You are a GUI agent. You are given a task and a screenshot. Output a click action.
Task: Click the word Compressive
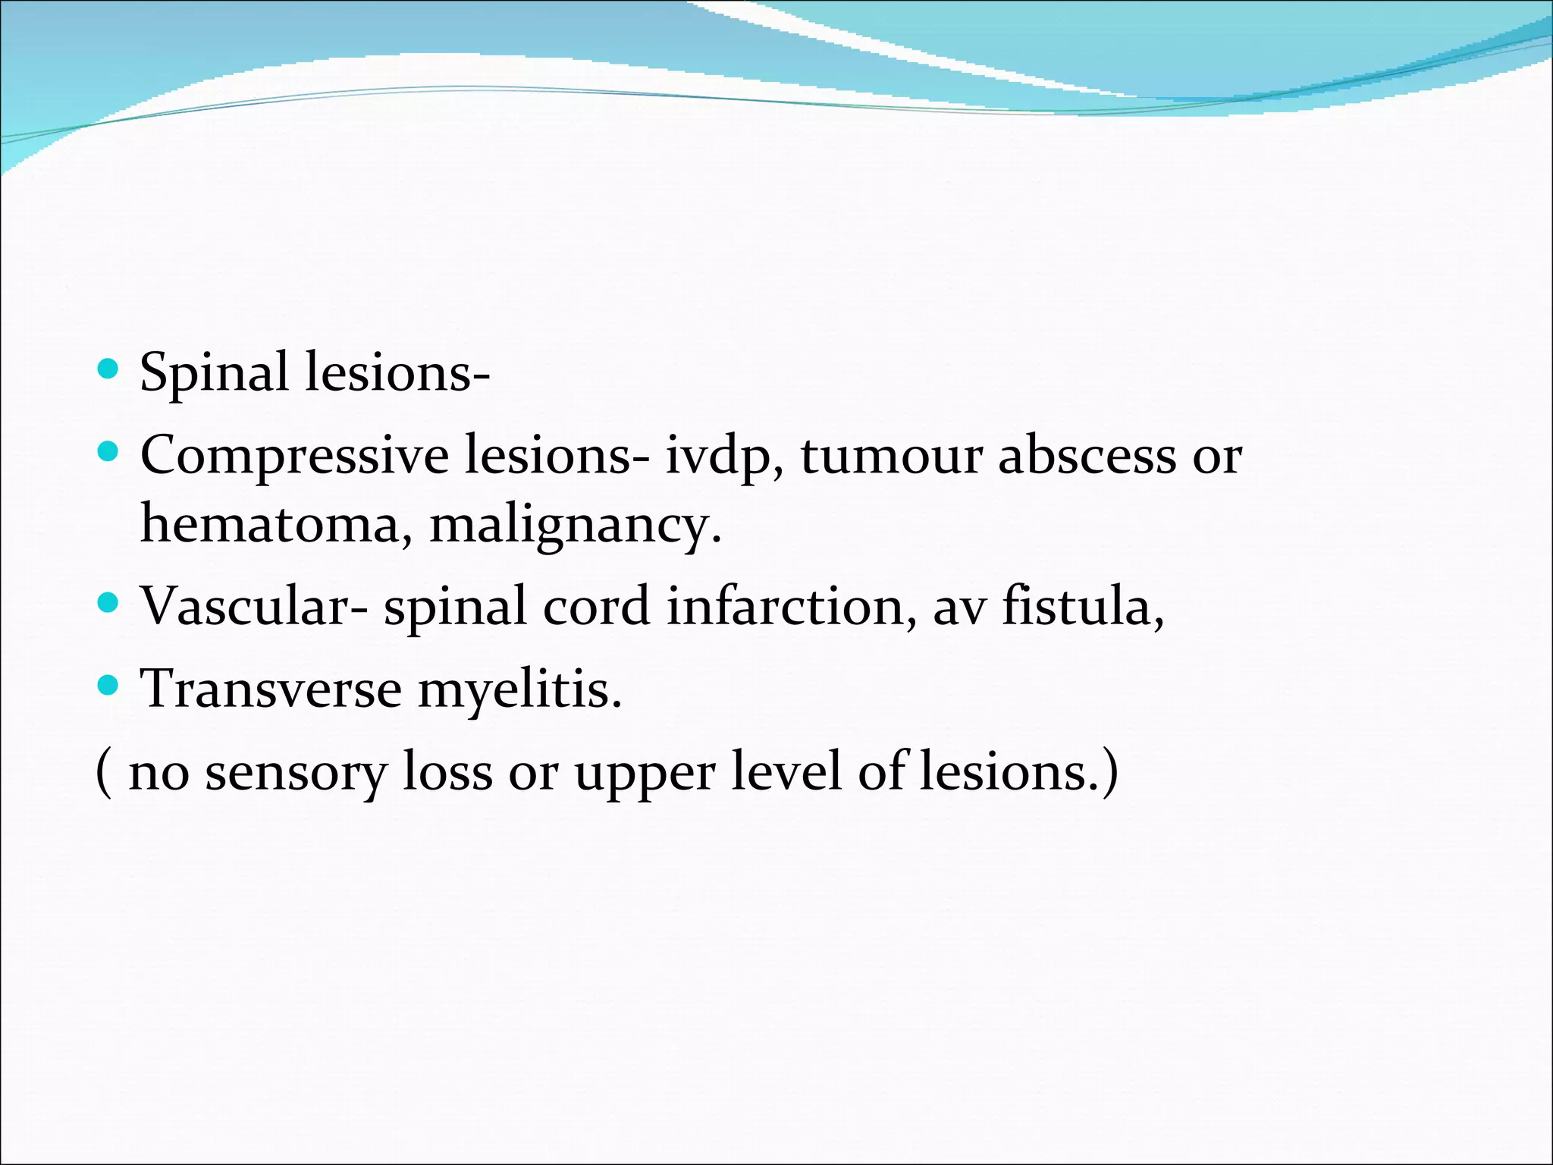(x=294, y=457)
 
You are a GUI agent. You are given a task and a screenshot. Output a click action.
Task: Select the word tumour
(x=891, y=456)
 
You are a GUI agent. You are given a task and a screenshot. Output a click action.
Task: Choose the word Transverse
(x=271, y=689)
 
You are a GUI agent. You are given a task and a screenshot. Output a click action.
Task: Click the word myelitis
(x=519, y=690)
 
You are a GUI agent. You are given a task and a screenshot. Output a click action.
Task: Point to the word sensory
(x=296, y=773)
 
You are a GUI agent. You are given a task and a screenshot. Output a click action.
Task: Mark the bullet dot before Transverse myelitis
(x=109, y=686)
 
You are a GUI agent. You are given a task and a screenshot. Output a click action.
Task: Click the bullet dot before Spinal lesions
(x=109, y=369)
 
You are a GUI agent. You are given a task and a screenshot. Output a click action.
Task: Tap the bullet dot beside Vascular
(x=109, y=604)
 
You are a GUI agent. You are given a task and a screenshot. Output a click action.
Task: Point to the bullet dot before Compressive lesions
(x=109, y=453)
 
